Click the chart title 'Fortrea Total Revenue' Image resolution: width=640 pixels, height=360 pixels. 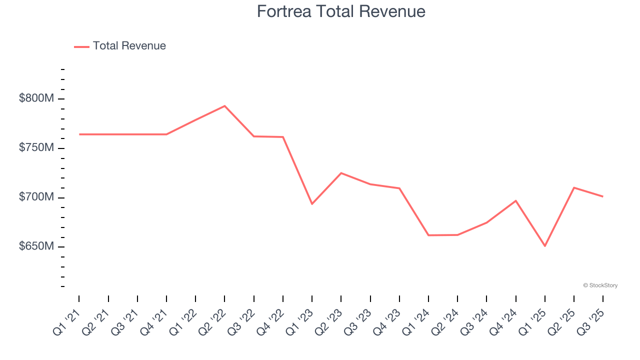(341, 11)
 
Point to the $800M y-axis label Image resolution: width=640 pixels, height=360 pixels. (36, 98)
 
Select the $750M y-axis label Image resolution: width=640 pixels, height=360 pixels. (36, 148)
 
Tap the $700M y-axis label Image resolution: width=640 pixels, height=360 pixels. (36, 197)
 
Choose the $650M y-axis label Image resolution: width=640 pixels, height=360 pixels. (36, 246)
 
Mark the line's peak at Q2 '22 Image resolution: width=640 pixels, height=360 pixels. (224, 106)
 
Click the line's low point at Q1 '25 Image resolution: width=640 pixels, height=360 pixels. (545, 246)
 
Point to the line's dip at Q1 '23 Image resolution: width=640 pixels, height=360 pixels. (312, 204)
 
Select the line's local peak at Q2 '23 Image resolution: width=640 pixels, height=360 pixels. (341, 173)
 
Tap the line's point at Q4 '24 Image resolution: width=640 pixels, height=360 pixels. (515, 200)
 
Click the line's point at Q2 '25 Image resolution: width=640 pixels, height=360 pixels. (574, 187)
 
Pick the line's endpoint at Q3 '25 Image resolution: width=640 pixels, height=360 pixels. (602, 196)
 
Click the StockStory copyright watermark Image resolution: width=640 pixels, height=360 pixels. (600, 285)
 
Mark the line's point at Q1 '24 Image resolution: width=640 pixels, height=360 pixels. (428, 235)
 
